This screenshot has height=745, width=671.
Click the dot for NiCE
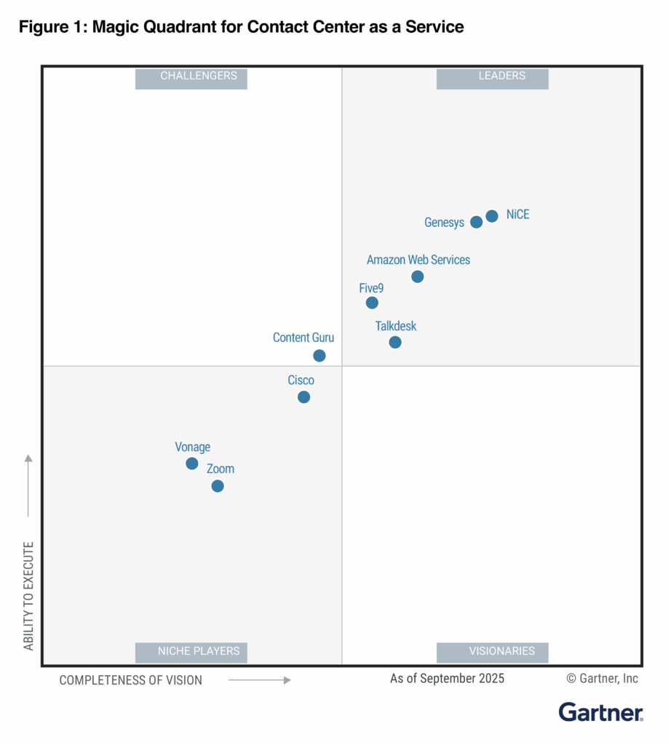pos(492,216)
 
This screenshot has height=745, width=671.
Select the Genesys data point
pos(476,222)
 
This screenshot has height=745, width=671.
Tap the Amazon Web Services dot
pos(417,276)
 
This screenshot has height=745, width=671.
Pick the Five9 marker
pos(372,303)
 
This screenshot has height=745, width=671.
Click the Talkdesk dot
pos(395,342)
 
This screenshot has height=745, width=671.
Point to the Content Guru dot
pos(319,355)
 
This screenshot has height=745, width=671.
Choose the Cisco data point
pos(303,397)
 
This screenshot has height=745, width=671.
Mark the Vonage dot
pos(192,463)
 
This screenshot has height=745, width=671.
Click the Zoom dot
pos(218,486)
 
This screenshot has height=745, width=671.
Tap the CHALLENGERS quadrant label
pos(191,79)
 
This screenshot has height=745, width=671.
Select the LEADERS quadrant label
pos(492,79)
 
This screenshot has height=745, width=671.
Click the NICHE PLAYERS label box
pos(191,653)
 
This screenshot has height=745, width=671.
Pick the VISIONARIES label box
pos(492,653)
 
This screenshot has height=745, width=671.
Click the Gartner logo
pos(600,712)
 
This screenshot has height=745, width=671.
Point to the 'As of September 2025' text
pos(447,679)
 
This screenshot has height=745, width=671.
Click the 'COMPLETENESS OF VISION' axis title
pos(131,680)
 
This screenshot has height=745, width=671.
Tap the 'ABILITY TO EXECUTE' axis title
pos(28,596)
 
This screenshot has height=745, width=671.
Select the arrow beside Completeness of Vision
pos(260,680)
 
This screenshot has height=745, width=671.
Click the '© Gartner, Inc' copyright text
pos(602,679)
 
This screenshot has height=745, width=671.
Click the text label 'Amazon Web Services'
pos(418,260)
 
